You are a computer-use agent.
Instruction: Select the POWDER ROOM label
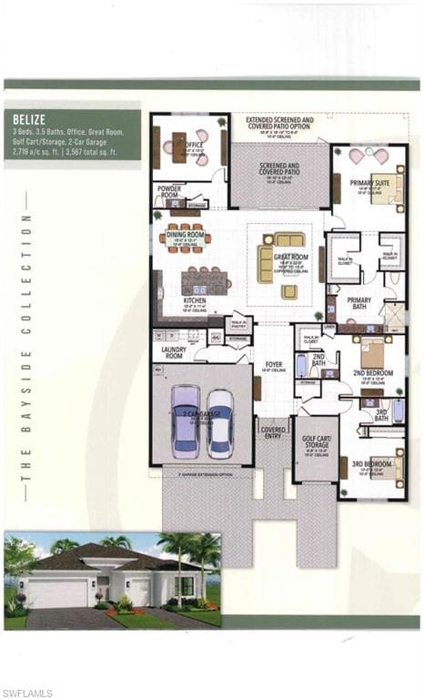[x=169, y=192]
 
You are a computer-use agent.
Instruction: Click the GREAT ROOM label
[x=290, y=258]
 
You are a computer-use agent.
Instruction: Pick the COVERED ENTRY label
[x=274, y=431]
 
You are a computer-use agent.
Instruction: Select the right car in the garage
[x=219, y=423]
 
